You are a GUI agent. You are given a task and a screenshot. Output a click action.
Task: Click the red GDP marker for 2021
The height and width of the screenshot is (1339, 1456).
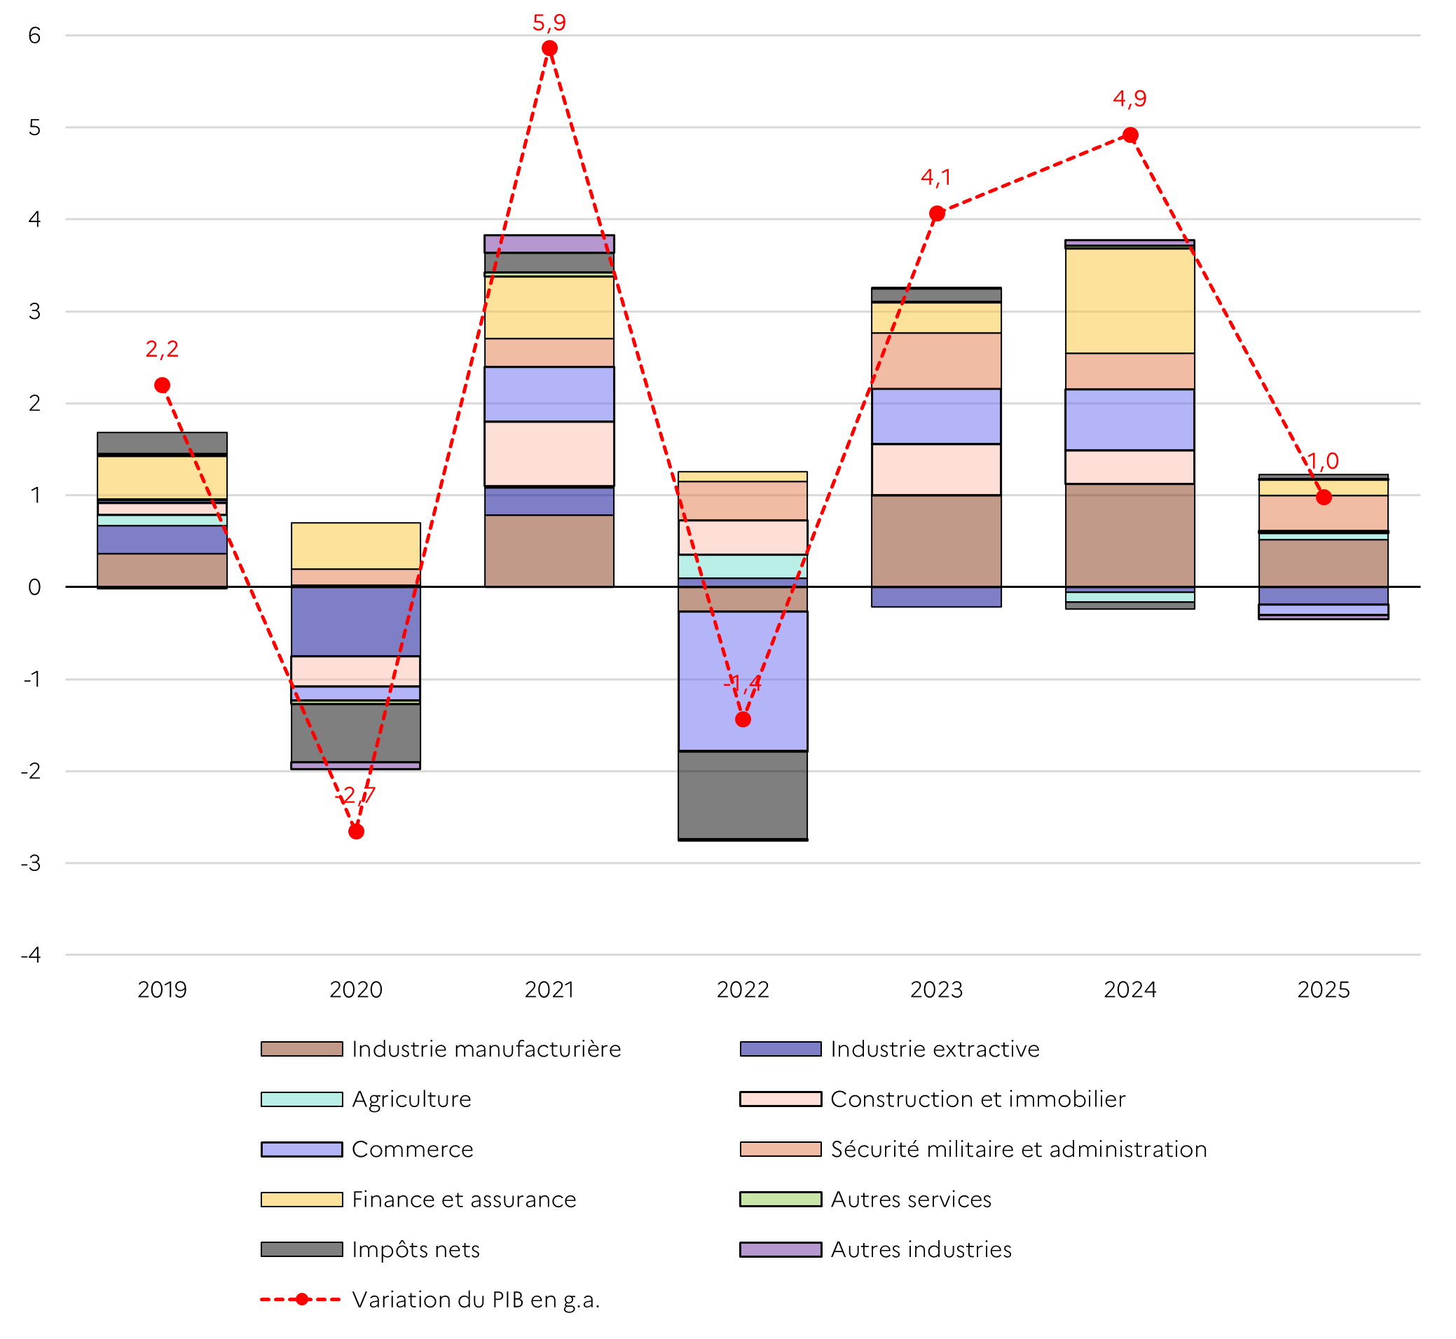pos(549,48)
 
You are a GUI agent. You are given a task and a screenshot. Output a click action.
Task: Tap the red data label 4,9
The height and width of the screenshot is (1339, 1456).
pos(1129,99)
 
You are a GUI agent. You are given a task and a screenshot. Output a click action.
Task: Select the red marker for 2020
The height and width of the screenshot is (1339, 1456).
pos(356,831)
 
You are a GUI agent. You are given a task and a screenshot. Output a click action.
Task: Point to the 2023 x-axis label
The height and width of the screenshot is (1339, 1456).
pos(936,990)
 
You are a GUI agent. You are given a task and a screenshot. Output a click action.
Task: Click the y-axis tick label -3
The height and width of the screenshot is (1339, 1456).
pos(31,864)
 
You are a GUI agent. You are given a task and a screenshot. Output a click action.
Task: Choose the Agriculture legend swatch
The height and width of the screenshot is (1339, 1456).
pos(301,1099)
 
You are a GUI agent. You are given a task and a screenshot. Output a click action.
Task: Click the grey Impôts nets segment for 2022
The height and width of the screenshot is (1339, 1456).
pos(743,795)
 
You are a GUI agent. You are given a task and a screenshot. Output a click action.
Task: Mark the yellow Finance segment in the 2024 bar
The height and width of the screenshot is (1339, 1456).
pos(1129,301)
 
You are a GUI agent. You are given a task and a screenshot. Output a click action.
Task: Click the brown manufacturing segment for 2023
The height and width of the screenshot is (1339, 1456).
pos(936,540)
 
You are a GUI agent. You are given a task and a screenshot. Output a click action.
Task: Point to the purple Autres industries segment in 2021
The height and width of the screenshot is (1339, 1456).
pos(549,243)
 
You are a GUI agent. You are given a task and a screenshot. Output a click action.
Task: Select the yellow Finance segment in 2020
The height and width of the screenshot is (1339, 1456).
pos(356,546)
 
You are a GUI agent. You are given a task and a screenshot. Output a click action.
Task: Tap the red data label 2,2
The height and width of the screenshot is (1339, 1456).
pos(162,349)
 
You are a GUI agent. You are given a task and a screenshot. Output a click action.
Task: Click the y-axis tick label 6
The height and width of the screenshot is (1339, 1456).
pos(34,36)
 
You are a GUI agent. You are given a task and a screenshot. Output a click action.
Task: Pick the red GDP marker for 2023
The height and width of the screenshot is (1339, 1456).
pos(937,214)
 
